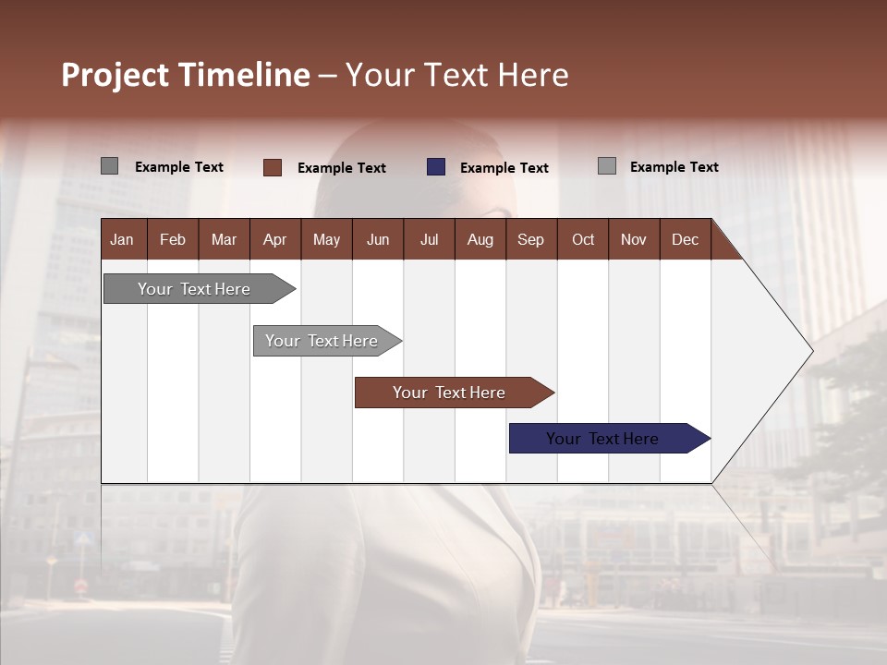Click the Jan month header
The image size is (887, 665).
pyautogui.click(x=123, y=239)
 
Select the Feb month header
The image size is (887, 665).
pyautogui.click(x=173, y=239)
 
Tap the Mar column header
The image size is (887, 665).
pyautogui.click(x=224, y=239)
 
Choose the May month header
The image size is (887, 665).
pyautogui.click(x=326, y=239)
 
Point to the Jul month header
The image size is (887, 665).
pyautogui.click(x=429, y=239)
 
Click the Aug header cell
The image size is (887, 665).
pyautogui.click(x=480, y=239)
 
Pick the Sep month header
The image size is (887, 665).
pyautogui.click(x=530, y=239)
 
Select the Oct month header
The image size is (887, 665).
pyautogui.click(x=583, y=239)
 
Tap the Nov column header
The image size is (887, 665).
pyautogui.click(x=634, y=239)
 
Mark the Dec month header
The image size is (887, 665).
pyautogui.click(x=685, y=239)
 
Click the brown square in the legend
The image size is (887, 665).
pyautogui.click(x=272, y=167)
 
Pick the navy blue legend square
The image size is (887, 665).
pyautogui.click(x=436, y=167)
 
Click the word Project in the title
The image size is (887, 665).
pyautogui.click(x=115, y=75)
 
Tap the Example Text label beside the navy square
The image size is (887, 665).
pyautogui.click(x=504, y=168)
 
